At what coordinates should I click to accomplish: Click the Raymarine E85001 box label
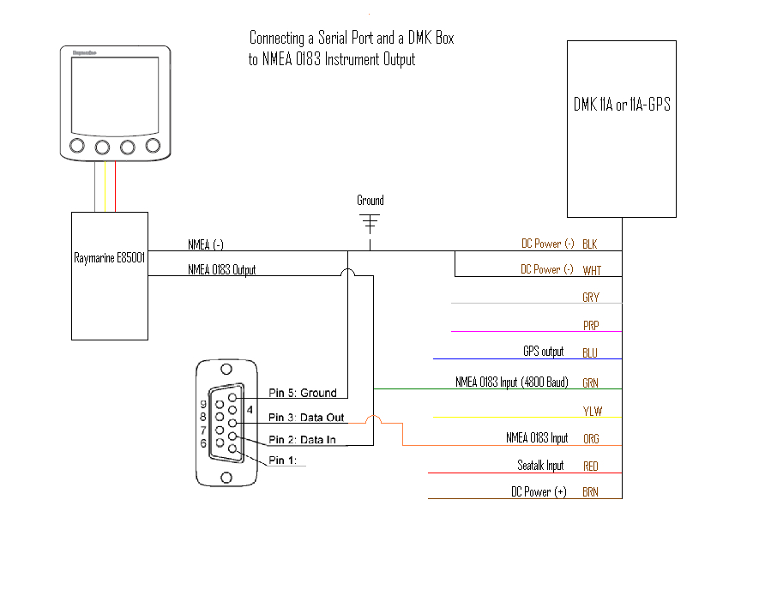109,256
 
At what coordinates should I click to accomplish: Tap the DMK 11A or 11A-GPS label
622,105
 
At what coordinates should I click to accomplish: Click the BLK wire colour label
590,244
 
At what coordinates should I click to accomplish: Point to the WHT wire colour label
592,270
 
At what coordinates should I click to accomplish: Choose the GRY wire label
591,298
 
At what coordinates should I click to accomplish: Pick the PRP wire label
591,325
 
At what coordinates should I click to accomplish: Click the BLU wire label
590,352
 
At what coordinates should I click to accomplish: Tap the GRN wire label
591,383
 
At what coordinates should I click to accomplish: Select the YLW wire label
592,411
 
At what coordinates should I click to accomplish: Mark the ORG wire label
591,438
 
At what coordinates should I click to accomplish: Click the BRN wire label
591,492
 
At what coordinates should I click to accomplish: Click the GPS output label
543,352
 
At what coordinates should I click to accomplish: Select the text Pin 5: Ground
303,393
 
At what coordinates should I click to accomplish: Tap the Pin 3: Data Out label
306,417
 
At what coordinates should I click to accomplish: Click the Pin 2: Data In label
303,439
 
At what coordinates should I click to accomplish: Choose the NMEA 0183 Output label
221,269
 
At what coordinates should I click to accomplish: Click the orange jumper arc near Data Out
374,419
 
